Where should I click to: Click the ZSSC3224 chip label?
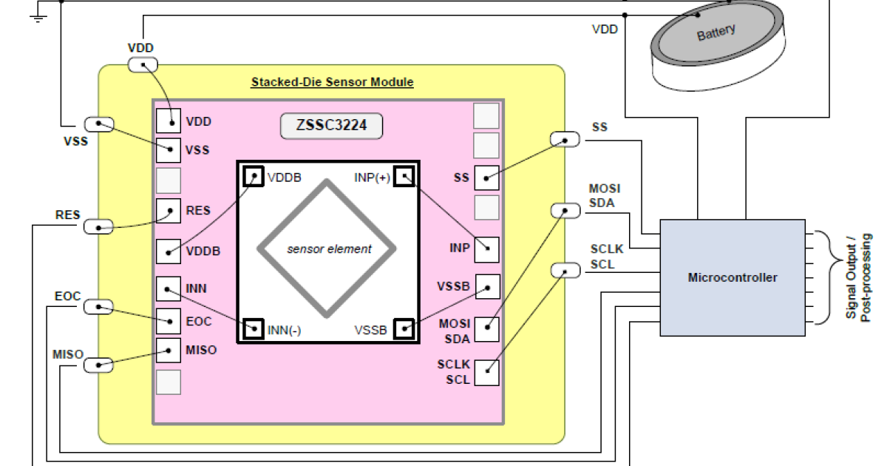(x=331, y=126)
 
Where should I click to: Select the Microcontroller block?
(x=732, y=278)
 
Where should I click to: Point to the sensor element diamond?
(x=329, y=249)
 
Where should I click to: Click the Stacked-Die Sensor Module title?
(x=332, y=82)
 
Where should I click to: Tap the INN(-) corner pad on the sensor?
(x=254, y=328)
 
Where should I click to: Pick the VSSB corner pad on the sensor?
(x=404, y=328)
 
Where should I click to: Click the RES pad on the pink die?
(x=169, y=212)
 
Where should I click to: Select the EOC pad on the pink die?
(x=169, y=321)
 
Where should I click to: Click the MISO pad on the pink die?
(x=169, y=351)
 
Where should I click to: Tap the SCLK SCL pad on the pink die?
(x=486, y=372)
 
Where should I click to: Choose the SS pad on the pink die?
(x=486, y=178)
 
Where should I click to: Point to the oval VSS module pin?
(x=99, y=124)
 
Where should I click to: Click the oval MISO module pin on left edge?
(x=99, y=364)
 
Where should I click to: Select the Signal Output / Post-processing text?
(x=860, y=277)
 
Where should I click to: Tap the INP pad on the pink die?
(x=486, y=249)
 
